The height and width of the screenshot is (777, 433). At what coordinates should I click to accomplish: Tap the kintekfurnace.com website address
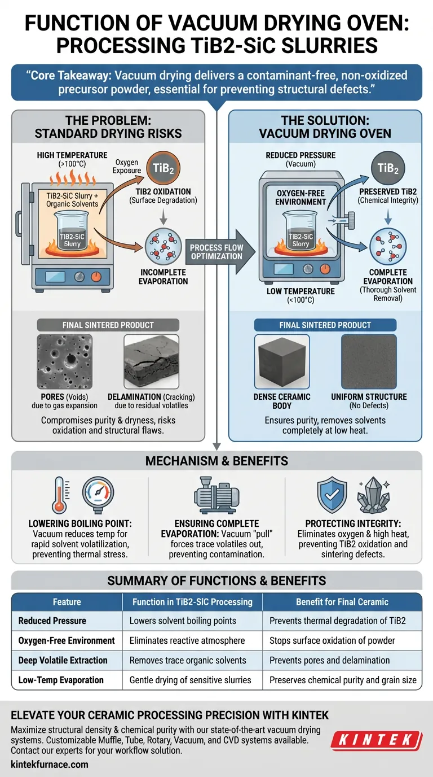tap(50, 764)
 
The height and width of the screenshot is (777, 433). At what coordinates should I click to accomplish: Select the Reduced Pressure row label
tap(52, 621)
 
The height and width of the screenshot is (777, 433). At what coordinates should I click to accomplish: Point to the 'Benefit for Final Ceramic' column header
tap(342, 601)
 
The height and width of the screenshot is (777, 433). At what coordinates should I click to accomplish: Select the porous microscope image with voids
tap(64, 361)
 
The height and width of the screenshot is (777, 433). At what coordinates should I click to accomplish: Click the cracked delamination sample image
tap(152, 361)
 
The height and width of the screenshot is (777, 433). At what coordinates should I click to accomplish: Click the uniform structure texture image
tap(369, 361)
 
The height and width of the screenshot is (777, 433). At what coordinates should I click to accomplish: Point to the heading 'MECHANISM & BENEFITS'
tap(216, 461)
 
